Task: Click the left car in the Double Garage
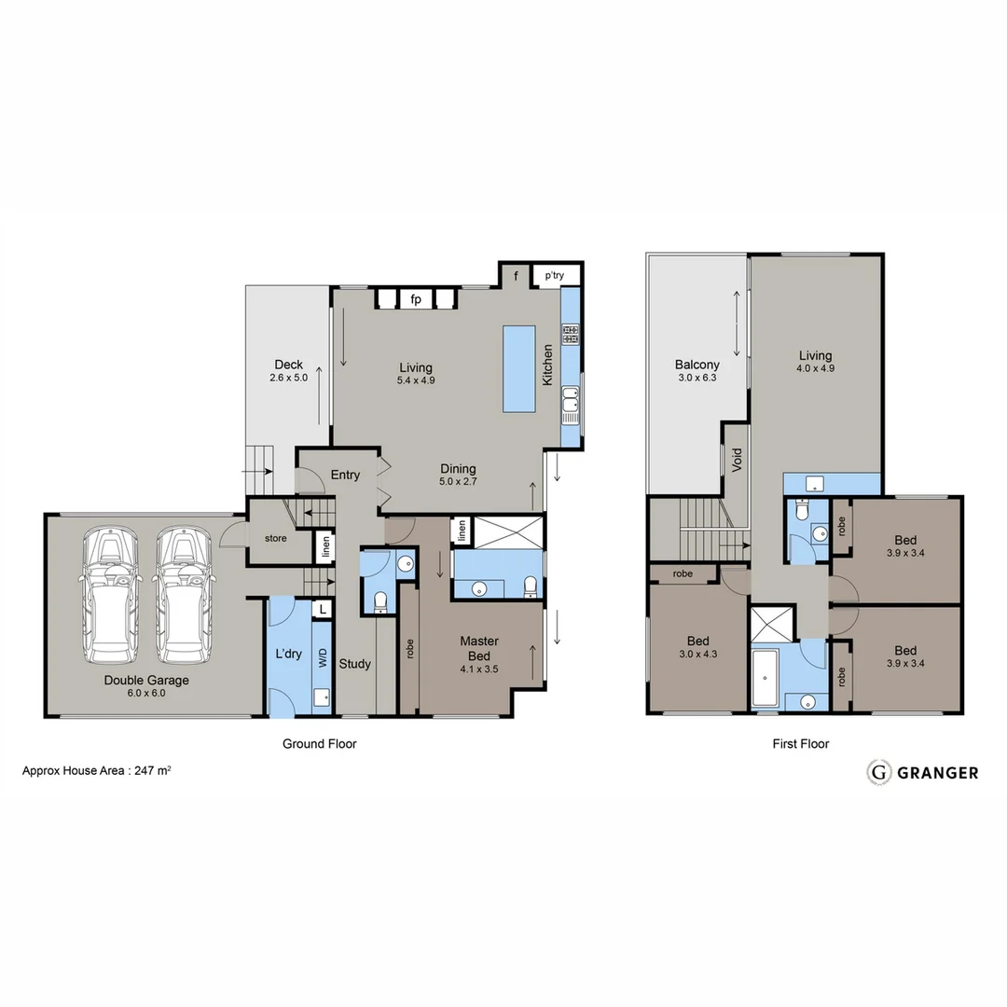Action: (111, 591)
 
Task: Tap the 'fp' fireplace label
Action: (417, 299)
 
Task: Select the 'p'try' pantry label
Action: (555, 276)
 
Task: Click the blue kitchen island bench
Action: (519, 368)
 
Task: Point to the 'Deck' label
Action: (288, 365)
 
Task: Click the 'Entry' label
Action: (345, 475)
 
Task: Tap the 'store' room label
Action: (275, 538)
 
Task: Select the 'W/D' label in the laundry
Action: (323, 657)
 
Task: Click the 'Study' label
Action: (354, 664)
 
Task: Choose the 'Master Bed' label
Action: (480, 648)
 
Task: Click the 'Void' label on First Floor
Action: (737, 460)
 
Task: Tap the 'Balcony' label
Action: (697, 365)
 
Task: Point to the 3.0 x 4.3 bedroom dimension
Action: (698, 655)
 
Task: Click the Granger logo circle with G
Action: (877, 772)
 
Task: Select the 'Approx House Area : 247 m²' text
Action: (96, 771)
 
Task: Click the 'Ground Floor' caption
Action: (319, 743)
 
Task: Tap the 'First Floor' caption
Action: (800, 743)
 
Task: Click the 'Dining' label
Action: (458, 468)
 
